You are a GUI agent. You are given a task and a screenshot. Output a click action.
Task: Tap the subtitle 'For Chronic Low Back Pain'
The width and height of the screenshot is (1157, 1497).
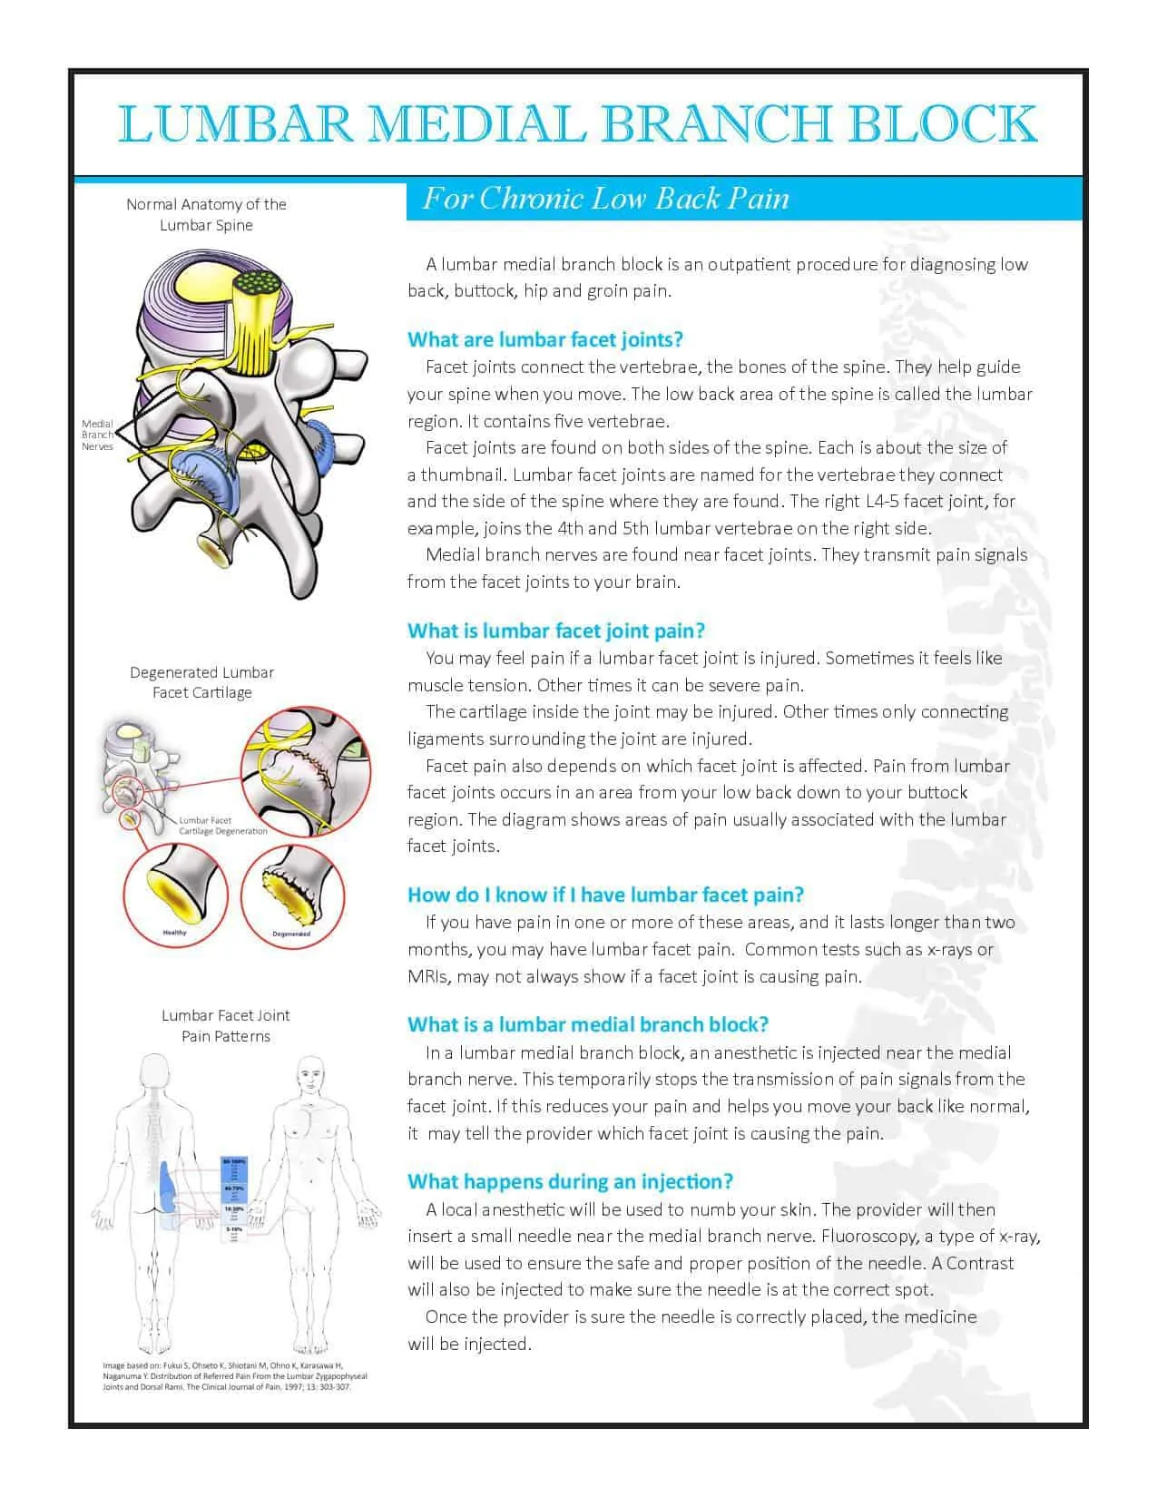pyautogui.click(x=605, y=199)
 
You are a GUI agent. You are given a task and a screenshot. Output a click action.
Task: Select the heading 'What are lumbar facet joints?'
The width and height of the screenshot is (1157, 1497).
pyautogui.click(x=544, y=340)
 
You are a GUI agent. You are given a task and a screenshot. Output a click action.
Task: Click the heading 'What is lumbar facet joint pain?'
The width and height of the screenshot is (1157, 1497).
pyautogui.click(x=555, y=631)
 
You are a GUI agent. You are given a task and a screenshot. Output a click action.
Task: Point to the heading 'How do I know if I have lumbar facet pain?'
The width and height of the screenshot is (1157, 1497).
pyautogui.click(x=605, y=895)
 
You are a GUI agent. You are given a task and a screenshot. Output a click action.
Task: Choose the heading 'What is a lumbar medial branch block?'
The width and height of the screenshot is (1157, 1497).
pyautogui.click(x=587, y=1025)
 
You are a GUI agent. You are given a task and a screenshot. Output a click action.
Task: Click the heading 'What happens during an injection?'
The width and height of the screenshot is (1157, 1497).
pyautogui.click(x=570, y=1182)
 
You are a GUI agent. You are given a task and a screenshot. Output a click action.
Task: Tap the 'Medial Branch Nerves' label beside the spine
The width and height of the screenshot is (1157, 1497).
pyautogui.click(x=97, y=435)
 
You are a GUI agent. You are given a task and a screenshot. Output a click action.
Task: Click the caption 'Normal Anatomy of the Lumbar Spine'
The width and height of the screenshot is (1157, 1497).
pyautogui.click(x=206, y=215)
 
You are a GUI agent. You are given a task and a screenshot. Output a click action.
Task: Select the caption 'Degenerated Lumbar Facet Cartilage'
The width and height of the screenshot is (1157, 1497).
pyautogui.click(x=201, y=682)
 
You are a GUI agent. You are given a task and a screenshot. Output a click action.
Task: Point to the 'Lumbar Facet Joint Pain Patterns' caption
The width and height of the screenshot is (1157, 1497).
pyautogui.click(x=225, y=1026)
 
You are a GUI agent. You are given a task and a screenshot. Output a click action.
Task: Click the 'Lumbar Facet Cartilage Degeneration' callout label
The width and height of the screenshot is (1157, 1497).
pyautogui.click(x=222, y=826)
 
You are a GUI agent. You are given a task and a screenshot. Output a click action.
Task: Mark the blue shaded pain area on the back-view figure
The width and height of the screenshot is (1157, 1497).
pyautogui.click(x=169, y=1189)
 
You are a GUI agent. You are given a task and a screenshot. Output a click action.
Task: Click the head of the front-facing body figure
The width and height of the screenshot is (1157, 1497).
pyautogui.click(x=310, y=1076)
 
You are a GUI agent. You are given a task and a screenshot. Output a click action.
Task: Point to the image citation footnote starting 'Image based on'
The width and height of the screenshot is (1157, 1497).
pyautogui.click(x=234, y=1376)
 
